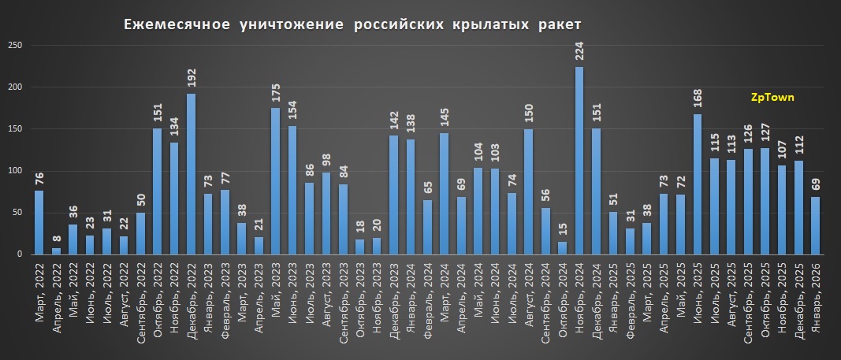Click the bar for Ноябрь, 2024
point(579,161)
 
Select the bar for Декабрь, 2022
point(191,174)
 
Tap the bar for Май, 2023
point(275,181)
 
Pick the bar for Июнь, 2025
point(698,184)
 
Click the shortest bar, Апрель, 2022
point(55,251)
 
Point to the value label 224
point(579,50)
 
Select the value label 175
point(275,91)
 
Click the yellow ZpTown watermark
point(772,98)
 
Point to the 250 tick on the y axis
point(15,45)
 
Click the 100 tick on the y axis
point(15,171)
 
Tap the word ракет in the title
point(559,26)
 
